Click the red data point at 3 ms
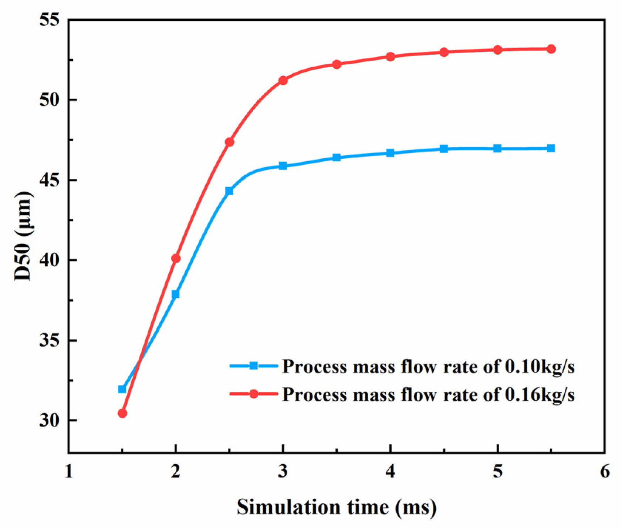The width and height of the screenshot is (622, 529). point(283,80)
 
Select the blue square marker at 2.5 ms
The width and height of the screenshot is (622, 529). point(229,191)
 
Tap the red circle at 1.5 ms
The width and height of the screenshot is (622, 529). point(122,413)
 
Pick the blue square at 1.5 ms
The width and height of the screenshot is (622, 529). point(122,389)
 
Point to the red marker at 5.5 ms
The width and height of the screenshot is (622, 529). point(551,49)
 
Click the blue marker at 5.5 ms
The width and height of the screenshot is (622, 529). point(551,148)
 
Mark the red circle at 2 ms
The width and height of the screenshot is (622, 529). point(176,258)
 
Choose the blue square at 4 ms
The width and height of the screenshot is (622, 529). point(390,153)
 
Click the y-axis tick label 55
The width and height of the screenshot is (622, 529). point(50,20)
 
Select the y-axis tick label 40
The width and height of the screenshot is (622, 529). point(50,260)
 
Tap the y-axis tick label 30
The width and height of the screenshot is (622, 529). point(50,421)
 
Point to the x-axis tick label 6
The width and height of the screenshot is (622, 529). point(605,472)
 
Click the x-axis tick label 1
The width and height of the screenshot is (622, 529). point(69,472)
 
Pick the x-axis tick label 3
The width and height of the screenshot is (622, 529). point(283,472)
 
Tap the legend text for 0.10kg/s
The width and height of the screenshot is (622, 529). point(428,367)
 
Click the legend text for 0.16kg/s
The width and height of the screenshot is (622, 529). point(428,394)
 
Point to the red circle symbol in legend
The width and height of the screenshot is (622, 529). point(254,394)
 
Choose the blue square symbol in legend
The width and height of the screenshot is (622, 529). point(254,366)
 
